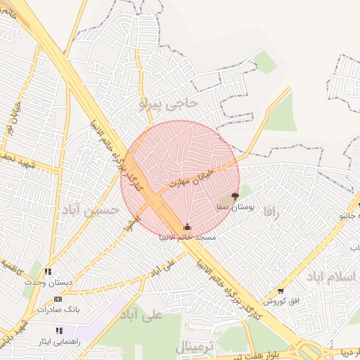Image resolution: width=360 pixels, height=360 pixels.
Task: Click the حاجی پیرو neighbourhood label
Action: click(x=169, y=103)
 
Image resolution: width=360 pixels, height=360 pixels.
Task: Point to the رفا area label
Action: click(x=271, y=212)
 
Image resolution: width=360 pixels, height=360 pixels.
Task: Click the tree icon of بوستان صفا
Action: click(x=235, y=197)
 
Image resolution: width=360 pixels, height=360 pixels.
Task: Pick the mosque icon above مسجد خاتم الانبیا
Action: click(x=186, y=226)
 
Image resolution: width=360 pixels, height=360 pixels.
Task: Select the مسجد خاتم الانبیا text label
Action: click(x=186, y=237)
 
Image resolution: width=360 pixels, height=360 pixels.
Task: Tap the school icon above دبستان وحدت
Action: click(x=48, y=271)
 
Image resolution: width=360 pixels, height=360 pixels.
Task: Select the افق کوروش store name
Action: click(x=281, y=301)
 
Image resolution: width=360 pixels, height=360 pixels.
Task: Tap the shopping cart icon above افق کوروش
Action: click(x=281, y=291)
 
